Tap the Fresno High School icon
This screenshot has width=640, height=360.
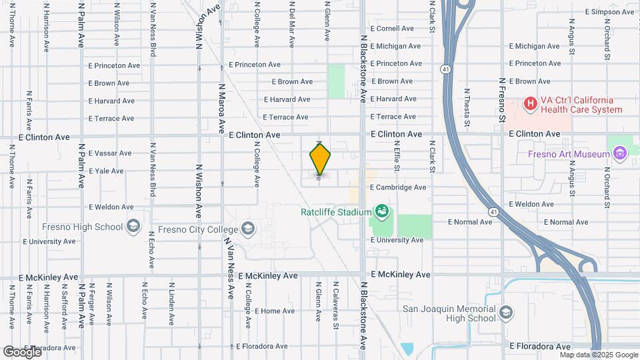coord(133,227)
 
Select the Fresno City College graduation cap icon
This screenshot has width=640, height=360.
coord(248,229)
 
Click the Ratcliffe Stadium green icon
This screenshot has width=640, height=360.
coord(381,212)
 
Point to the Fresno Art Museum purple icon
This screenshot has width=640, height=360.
coord(620,154)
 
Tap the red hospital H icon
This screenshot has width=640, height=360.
coord(530,103)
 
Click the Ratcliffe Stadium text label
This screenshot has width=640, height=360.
coord(335,212)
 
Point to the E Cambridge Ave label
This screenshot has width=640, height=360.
coord(398,187)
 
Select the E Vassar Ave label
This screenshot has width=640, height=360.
coord(110,153)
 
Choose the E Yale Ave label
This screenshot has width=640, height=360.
coord(106,171)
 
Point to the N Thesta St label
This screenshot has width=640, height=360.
coord(467,107)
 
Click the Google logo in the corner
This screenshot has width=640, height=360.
coord(21,351)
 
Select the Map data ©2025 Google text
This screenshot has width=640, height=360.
coord(597,354)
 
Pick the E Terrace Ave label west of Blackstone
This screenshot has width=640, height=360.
coord(287,117)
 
